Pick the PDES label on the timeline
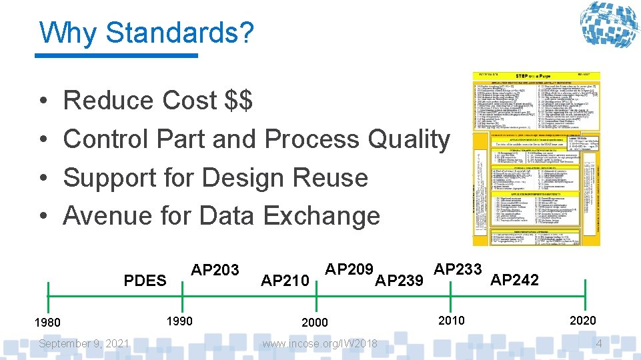[145, 280]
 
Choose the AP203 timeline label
[215, 269]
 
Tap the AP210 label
[285, 281]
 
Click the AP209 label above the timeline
[349, 269]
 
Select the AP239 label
[400, 281]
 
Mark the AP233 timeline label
[458, 269]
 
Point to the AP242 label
[514, 280]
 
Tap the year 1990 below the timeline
[179, 321]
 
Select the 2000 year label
[315, 323]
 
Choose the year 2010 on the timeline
[451, 321]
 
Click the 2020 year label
[583, 321]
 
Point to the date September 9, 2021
[84, 343]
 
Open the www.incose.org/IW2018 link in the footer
[320, 344]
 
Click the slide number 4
[599, 344]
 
